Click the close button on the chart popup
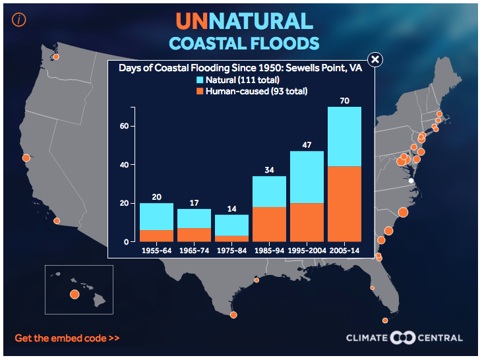point(375,60)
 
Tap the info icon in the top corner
point(18,19)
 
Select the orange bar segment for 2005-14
point(344,204)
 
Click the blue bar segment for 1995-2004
point(307,177)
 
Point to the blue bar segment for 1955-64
point(156,216)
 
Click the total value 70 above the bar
point(344,101)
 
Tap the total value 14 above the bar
point(231,209)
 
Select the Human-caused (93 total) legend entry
point(252,91)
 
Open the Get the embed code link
point(67,338)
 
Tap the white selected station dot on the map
point(410,181)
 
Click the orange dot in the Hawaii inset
point(75,294)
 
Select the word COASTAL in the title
point(210,44)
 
